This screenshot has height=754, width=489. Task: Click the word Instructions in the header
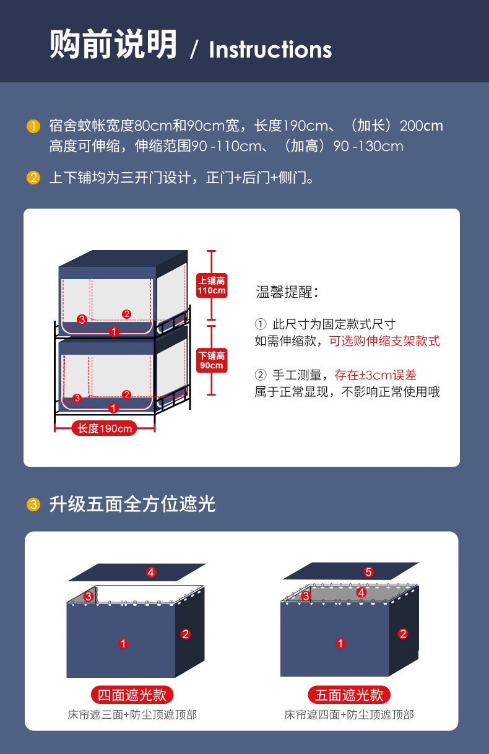point(270,50)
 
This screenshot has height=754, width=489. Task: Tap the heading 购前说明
point(113,44)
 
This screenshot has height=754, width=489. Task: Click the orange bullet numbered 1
point(33,126)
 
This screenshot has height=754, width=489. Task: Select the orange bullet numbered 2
point(33,178)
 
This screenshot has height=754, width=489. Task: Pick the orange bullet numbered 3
point(33,505)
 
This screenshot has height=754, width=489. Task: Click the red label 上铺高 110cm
point(212,285)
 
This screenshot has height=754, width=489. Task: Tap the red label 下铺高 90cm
point(212,360)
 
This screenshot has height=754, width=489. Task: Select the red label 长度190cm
point(105,428)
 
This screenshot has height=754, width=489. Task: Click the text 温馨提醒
point(287,292)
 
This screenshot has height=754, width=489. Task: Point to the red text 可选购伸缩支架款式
point(384,341)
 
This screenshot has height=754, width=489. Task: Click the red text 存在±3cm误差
point(375,375)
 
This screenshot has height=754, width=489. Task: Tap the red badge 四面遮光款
point(132,695)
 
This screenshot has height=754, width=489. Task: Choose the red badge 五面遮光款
point(349,695)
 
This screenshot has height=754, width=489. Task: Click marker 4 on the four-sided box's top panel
point(151,572)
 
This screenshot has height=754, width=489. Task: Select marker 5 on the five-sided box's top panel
point(368,572)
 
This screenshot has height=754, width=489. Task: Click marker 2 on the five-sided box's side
point(403,634)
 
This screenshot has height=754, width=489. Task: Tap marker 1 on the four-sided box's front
point(123,644)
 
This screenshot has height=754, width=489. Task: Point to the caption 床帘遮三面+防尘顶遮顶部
point(132,714)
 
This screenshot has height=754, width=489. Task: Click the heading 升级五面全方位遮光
point(132,505)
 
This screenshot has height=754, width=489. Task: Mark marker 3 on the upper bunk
point(82,319)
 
